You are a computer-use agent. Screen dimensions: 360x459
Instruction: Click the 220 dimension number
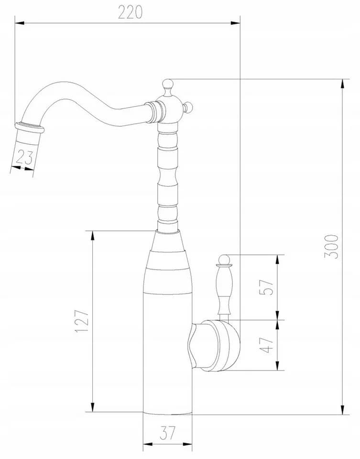[130, 12]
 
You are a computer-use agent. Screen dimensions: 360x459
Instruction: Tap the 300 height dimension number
[331, 247]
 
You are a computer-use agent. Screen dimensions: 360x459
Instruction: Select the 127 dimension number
[82, 321]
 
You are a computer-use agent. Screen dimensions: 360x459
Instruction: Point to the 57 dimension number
[267, 287]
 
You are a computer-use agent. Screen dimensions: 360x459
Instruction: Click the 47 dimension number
[267, 345]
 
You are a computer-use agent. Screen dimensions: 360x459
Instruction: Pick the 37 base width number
[168, 433]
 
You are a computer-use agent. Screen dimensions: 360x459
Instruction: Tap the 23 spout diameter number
[24, 157]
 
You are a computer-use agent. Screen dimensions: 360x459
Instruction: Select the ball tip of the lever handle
[224, 259]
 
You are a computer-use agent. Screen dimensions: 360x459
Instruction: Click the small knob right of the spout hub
[187, 107]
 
